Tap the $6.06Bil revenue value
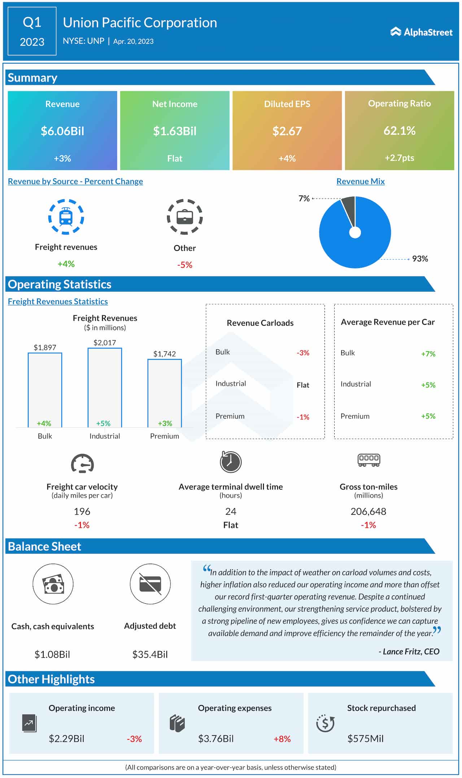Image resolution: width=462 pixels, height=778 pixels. point(62,131)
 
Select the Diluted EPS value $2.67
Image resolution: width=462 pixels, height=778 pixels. point(287,131)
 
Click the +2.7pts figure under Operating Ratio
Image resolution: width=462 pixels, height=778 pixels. point(399,158)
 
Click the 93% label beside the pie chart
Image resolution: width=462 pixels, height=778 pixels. point(420,259)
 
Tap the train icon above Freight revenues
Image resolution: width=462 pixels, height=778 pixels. point(66,217)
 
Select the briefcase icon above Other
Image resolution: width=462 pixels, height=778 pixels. point(185,217)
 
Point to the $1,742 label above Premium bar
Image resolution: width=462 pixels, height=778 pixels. point(165,354)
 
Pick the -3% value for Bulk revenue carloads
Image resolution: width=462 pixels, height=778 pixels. point(303,353)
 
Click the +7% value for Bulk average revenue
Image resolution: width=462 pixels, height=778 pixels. point(428,354)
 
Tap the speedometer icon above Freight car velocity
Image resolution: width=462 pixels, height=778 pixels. point(82,463)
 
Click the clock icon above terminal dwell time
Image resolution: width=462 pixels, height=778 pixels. point(231,462)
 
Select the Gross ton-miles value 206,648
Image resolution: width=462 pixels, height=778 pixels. point(368,511)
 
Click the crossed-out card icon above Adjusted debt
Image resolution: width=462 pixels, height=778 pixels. point(150,584)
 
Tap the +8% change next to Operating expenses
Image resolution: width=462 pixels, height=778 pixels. point(282,739)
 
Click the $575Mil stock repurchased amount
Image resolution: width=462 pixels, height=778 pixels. point(365,739)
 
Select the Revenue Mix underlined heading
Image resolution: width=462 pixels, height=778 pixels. point(360,182)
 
